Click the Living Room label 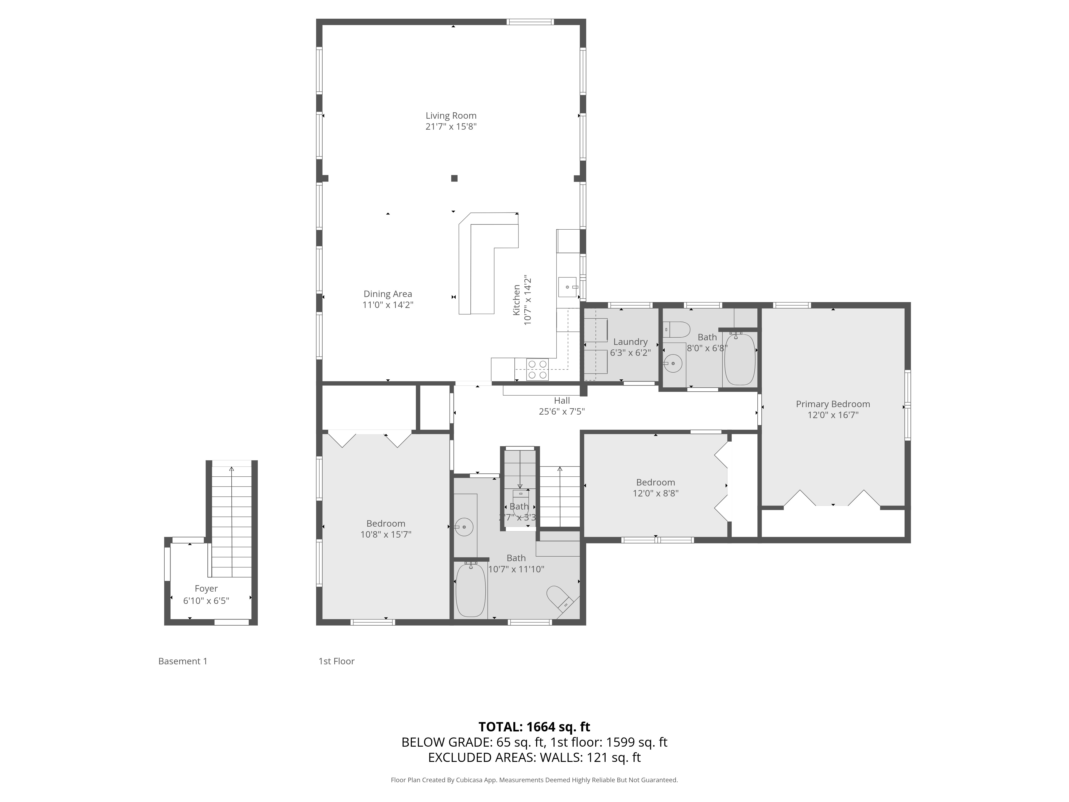[x=450, y=115]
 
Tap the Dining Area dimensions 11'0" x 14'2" [x=388, y=305]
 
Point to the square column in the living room [x=454, y=178]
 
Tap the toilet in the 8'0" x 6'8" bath [x=677, y=330]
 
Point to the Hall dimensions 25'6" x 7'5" [x=561, y=412]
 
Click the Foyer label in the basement [x=206, y=588]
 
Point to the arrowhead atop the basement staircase [x=231, y=468]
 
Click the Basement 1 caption [x=183, y=661]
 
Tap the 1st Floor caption [x=336, y=661]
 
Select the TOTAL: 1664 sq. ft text [x=534, y=727]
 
